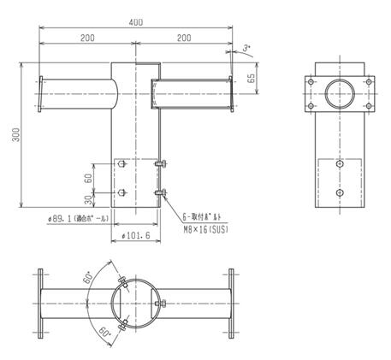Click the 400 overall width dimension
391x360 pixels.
[x=136, y=21]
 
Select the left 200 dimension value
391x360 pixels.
[x=87, y=39]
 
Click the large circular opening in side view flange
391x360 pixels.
[x=341, y=94]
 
